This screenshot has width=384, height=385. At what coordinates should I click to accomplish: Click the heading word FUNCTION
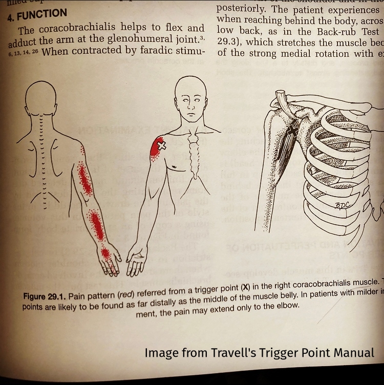[41, 14]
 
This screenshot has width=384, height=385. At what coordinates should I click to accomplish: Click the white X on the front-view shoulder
[161, 145]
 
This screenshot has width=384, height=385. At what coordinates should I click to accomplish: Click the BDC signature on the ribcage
[343, 205]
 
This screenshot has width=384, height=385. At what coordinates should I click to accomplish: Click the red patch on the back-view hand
[105, 253]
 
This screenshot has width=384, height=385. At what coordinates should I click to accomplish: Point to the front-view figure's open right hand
[137, 261]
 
